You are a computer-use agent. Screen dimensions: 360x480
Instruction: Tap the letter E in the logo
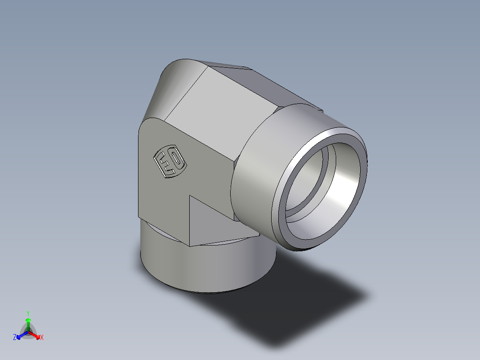click(165, 165)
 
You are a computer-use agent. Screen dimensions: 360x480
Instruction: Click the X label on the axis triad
click(42, 338)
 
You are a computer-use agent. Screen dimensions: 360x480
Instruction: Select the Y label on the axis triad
click(28, 313)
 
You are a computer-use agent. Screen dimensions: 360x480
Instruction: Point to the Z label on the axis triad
click(15, 338)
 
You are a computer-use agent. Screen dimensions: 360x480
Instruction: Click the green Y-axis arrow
click(28, 323)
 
